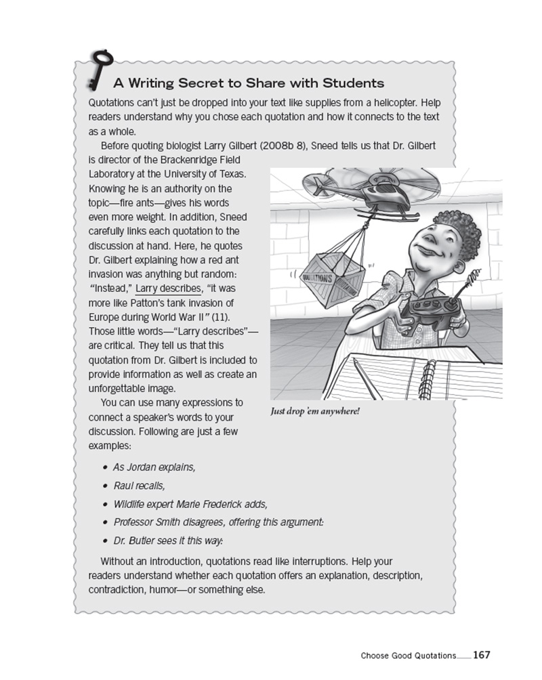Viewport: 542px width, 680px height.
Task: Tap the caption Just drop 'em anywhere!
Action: (x=314, y=411)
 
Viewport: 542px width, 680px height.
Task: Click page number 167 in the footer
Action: (x=481, y=655)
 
